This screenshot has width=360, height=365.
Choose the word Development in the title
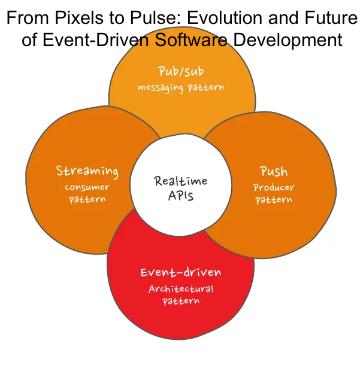coord(287,40)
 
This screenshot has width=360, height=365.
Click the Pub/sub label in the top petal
coord(180,72)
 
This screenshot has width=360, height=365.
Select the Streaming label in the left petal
coord(87,171)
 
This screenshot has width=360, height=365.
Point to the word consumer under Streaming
coord(87,187)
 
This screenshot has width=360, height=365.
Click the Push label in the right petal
coord(274,172)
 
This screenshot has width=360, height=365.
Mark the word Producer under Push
coord(274,187)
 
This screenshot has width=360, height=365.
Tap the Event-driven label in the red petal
coord(180,273)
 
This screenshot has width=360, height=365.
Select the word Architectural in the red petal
coord(180,289)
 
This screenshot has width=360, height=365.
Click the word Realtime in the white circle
coord(180,181)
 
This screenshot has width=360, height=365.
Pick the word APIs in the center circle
coord(180,196)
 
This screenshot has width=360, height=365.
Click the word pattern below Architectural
coord(180,301)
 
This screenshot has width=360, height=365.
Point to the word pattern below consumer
coord(87,199)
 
